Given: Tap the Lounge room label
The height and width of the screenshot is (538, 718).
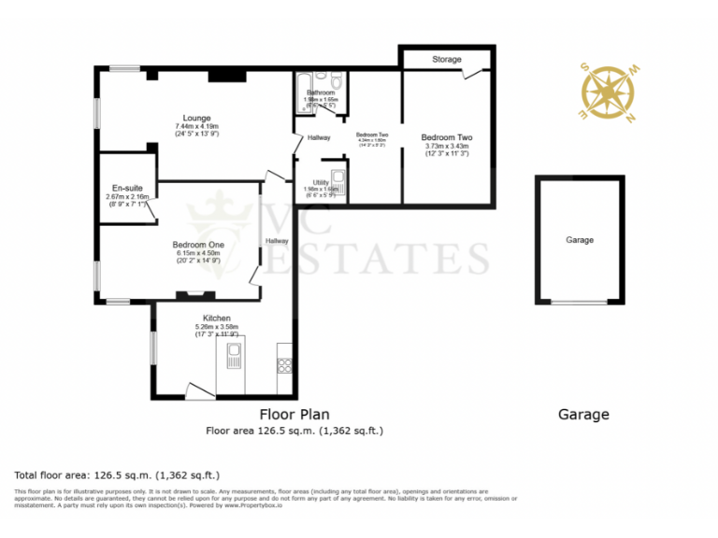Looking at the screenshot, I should [196, 118].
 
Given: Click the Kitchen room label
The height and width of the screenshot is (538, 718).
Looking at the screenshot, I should [211, 319].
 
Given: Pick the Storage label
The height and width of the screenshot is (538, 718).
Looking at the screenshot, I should [446, 60].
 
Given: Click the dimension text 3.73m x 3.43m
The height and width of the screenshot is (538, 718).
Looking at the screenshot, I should [446, 146].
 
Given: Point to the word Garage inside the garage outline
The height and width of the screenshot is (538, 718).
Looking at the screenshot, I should [579, 240].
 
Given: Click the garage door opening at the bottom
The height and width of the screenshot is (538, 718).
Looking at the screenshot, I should [578, 302].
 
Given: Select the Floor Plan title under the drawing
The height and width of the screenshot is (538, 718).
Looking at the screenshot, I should [294, 414].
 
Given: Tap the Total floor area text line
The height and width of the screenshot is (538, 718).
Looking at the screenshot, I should [117, 474].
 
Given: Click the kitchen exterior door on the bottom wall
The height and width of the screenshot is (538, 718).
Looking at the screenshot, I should [200, 392].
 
